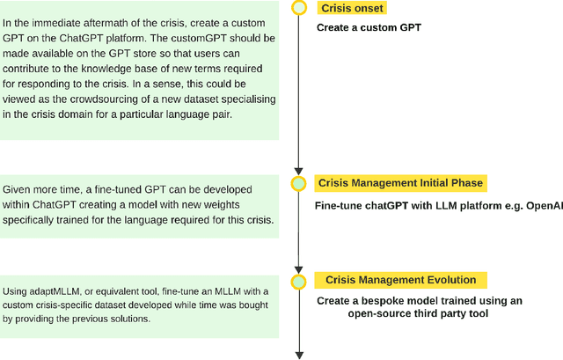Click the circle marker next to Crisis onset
click(x=299, y=8)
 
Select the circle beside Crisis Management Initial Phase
click(x=299, y=183)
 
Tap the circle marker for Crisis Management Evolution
click(x=299, y=282)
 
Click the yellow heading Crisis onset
click(x=352, y=9)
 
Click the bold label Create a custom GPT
click(x=369, y=27)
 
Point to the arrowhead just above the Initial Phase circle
click(x=299, y=170)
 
